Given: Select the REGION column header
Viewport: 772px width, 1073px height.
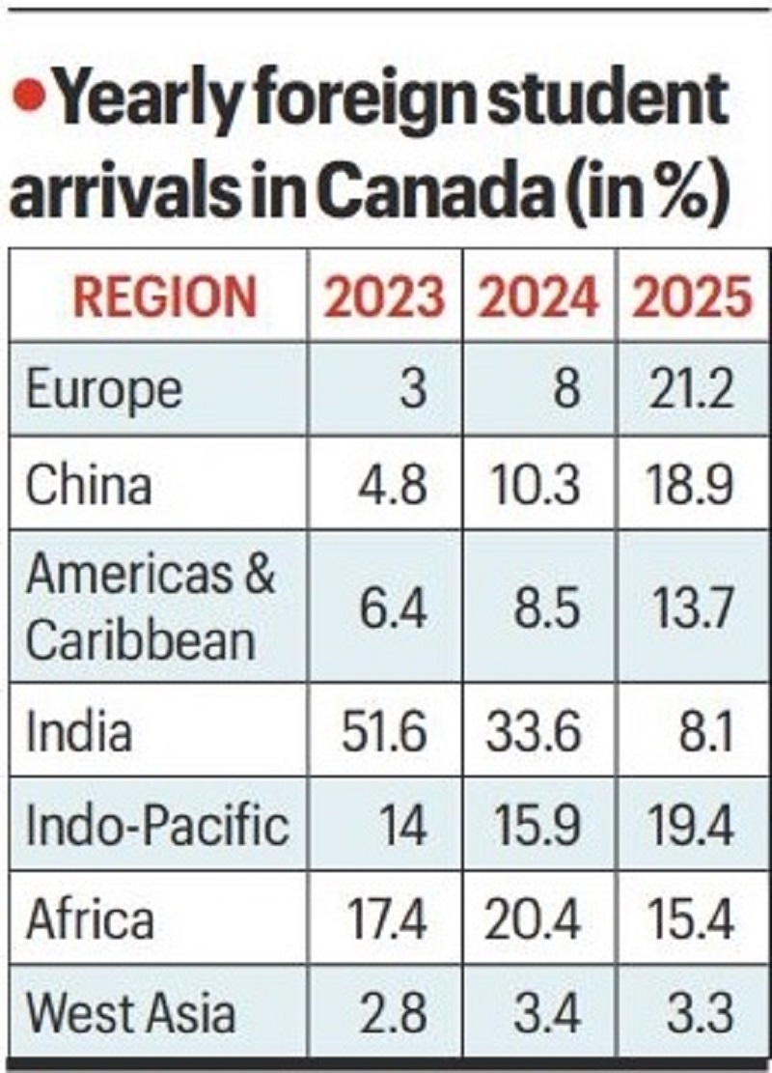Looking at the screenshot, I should point(165,297).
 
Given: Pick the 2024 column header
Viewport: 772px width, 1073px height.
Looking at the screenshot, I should point(538,297).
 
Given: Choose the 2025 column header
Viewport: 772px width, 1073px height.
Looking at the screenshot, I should point(691,297).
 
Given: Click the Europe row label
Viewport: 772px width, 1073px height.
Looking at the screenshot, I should point(103,390).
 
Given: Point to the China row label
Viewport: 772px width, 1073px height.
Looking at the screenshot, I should point(89,483).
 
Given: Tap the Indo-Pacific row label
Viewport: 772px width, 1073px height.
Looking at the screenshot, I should point(157,826).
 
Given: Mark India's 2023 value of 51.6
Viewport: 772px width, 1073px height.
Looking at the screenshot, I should point(383,732).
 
